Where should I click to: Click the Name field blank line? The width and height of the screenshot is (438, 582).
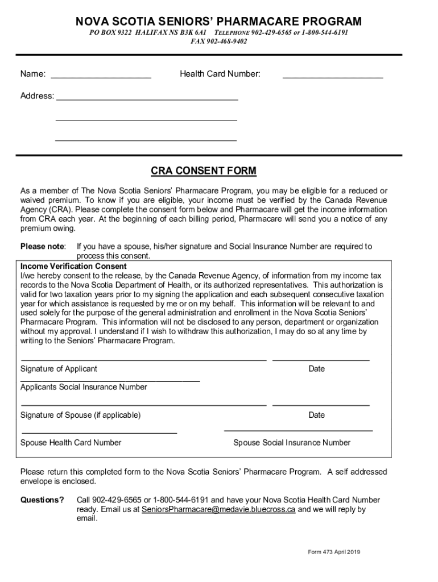101,76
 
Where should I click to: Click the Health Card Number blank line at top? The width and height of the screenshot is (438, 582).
333,76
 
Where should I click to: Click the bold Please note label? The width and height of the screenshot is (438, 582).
43,247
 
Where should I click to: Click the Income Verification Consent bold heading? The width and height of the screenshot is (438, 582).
73,266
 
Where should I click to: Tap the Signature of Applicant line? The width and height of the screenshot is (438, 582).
143,360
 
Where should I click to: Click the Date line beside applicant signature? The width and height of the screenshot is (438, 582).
321,360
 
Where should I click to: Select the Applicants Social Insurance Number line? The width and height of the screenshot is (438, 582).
110,380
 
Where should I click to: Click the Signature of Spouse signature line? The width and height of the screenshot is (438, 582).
143,405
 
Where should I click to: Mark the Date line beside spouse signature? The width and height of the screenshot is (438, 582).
321,405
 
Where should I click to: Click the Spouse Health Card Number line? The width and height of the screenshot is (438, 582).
98,433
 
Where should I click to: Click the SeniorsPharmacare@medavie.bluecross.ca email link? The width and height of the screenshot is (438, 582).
218,510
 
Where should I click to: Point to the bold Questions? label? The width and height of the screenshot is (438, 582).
42,500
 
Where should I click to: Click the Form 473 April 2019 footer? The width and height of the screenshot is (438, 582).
333,552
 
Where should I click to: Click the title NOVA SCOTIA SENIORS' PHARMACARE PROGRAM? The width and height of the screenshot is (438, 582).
219,22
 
